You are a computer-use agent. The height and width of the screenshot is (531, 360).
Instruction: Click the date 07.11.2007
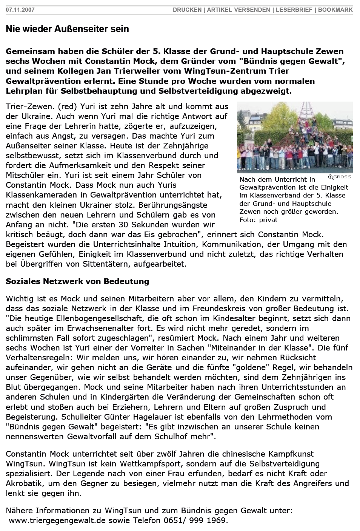click(x=20, y=10)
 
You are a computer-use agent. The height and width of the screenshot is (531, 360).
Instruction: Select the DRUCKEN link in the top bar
click(x=187, y=10)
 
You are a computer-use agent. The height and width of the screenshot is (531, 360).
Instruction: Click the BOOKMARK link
click(x=335, y=10)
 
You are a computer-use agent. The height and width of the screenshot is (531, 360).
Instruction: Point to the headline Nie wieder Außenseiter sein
click(x=67, y=29)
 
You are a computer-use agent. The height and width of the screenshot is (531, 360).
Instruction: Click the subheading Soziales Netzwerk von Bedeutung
click(x=77, y=281)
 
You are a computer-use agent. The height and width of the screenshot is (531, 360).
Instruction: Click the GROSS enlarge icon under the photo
click(x=339, y=177)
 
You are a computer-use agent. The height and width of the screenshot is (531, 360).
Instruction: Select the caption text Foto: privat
click(x=258, y=220)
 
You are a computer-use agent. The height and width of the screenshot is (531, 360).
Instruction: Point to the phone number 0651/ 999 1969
click(x=196, y=521)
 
